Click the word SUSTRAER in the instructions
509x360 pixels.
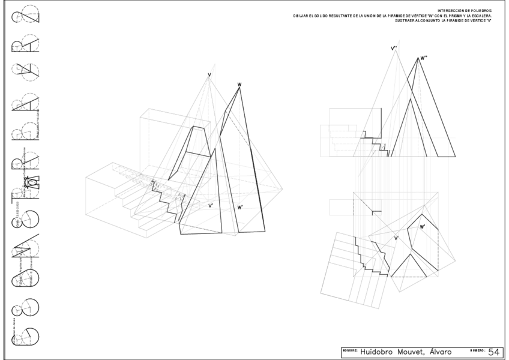(405, 21)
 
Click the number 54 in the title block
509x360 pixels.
(493, 352)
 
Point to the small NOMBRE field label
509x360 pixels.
(349, 349)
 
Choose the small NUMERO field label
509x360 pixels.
(478, 349)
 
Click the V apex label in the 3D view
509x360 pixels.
(209, 74)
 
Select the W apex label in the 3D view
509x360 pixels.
(239, 85)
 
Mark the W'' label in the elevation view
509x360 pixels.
(424, 58)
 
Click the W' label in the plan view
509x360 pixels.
(423, 227)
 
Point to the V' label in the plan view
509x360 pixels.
(396, 239)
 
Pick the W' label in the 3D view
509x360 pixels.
(240, 207)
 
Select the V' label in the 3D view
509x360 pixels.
(210, 206)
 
